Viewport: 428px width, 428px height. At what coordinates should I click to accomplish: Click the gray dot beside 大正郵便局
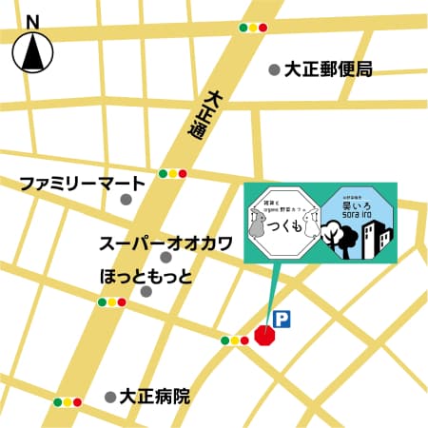tap(274, 68)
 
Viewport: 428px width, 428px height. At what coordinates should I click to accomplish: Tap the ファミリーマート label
tap(84, 182)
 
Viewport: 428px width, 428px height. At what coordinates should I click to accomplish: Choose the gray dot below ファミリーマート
tap(126, 200)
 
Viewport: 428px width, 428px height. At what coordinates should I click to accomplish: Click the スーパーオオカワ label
tap(166, 243)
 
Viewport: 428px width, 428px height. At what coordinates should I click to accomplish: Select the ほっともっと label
tap(146, 275)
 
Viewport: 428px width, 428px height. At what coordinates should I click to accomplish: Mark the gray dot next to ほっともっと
tap(146, 292)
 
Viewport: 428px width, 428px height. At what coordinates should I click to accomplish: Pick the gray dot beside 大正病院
tap(110, 395)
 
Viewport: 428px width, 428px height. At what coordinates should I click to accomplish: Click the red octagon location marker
tap(267, 335)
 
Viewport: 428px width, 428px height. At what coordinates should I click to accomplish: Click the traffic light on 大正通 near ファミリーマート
tap(174, 173)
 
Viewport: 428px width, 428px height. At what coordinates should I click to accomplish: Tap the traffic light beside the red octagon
tap(234, 340)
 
